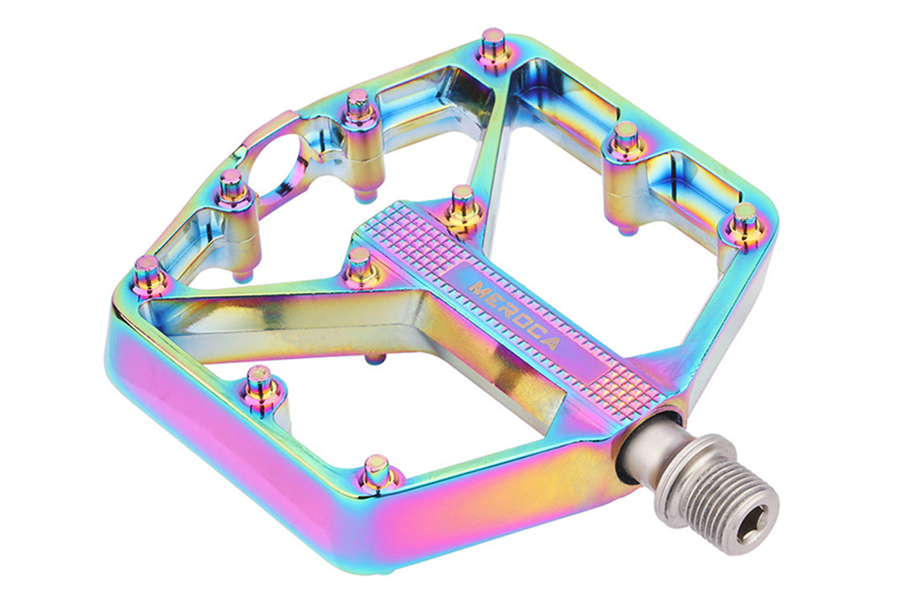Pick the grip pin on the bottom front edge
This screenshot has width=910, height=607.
coord(376,473)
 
